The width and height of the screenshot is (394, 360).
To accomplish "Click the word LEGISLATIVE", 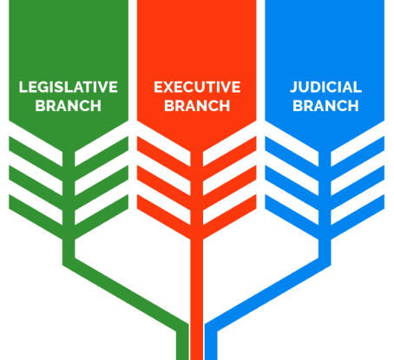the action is click(x=69, y=87).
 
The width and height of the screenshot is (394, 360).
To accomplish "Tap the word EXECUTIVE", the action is click(x=197, y=87).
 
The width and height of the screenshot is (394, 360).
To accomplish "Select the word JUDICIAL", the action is click(x=325, y=87).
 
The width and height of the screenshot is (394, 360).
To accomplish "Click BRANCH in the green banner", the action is click(x=69, y=106).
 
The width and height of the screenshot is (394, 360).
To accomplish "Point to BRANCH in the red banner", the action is click(x=197, y=106).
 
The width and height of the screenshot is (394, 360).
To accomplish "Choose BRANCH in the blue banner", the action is click(x=325, y=106).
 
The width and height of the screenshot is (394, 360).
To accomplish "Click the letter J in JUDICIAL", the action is click(x=294, y=87).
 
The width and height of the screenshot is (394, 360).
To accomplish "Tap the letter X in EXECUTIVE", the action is click(x=168, y=87).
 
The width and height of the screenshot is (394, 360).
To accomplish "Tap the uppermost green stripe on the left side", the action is click(x=36, y=151).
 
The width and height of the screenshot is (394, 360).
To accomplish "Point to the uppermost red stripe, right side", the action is click(x=230, y=151).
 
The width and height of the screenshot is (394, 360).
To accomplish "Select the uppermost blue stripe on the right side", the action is click(x=358, y=151).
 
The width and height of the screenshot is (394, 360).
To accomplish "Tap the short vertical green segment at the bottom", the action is click(x=182, y=344).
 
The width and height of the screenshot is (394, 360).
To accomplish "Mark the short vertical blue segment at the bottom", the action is click(x=211, y=344).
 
